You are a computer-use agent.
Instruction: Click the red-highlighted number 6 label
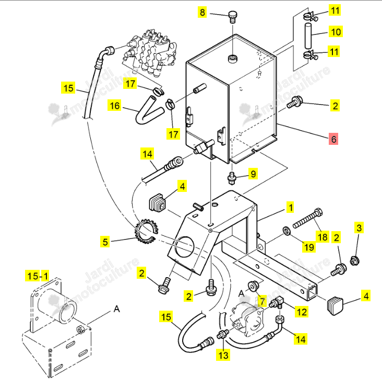333,139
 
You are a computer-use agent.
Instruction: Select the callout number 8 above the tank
202,12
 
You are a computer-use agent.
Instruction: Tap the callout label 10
336,31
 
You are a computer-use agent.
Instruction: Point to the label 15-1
37,276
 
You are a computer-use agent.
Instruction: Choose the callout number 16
114,106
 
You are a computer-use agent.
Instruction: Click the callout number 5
105,242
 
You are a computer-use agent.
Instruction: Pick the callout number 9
253,174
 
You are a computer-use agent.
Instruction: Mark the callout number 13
223,355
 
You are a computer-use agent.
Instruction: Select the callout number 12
302,312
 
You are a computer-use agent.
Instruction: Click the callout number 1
291,207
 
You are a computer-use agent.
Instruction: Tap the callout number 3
359,227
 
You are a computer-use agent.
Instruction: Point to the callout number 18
323,237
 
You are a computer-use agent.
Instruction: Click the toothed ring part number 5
145,231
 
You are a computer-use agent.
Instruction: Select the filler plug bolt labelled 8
233,17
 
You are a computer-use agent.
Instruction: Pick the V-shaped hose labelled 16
149,110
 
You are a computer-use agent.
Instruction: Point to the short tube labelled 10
308,36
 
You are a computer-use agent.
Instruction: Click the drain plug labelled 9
231,178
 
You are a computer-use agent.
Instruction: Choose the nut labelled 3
354,260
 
